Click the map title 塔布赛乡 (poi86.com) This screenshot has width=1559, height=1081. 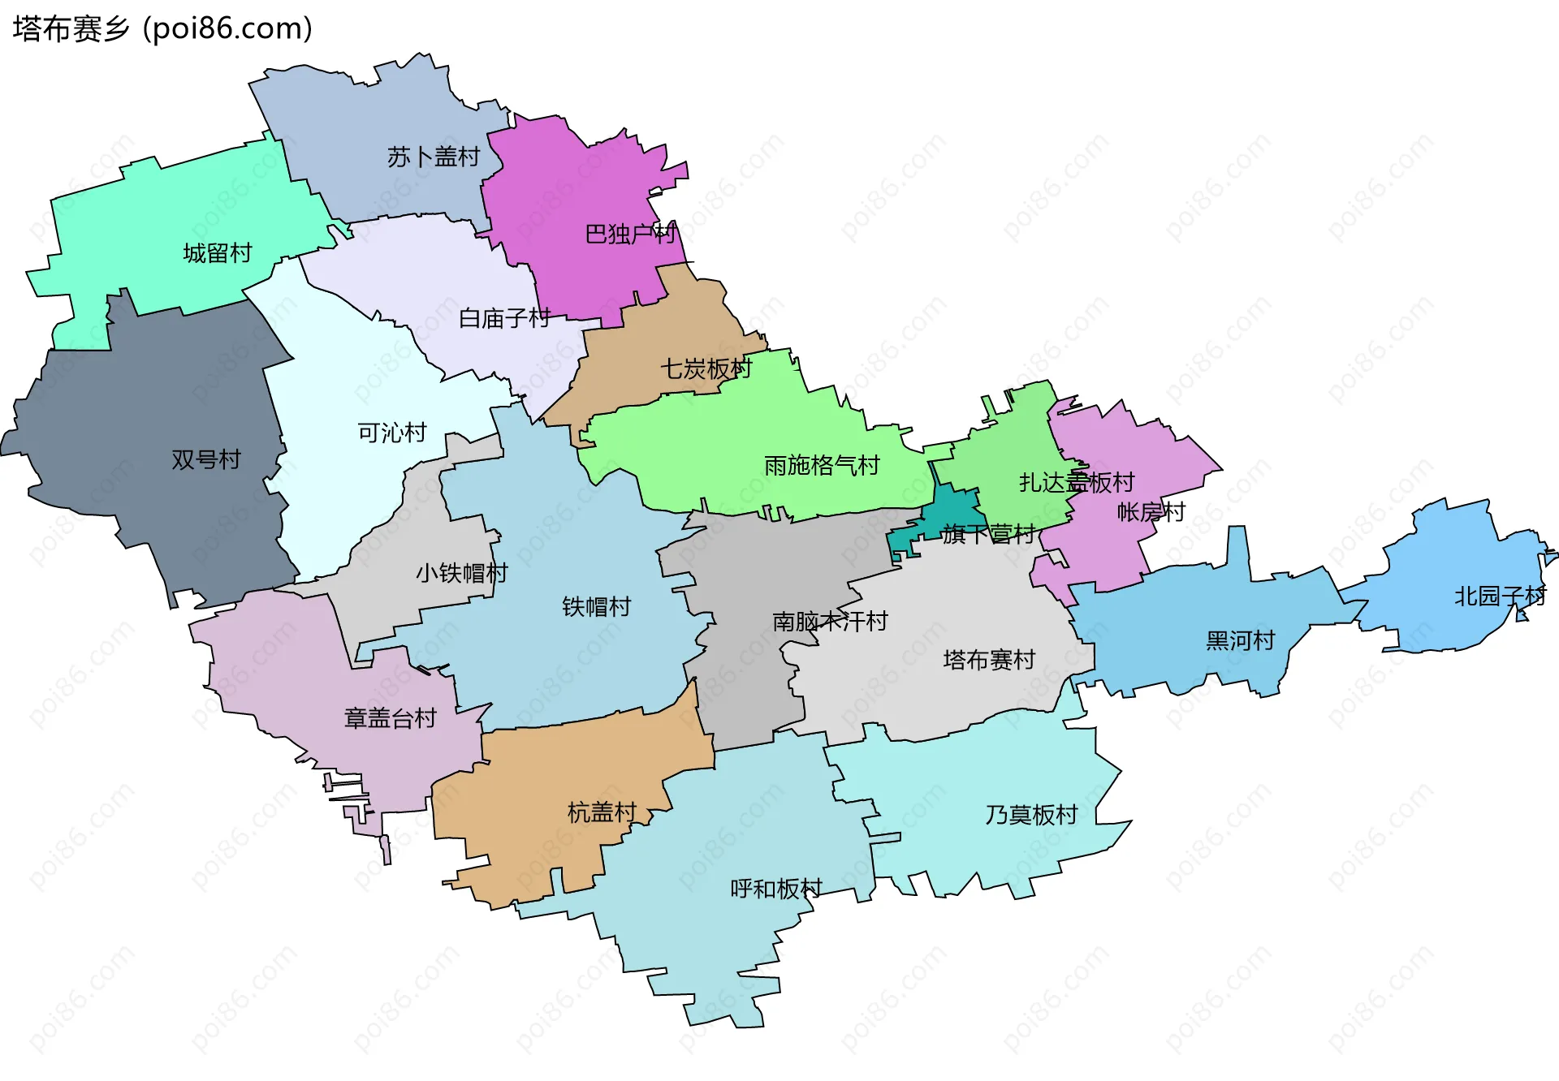pos(162,29)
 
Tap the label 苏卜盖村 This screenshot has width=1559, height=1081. pos(434,157)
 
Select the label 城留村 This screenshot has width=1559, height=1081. pos(218,253)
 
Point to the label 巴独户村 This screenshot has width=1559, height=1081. pos(630,235)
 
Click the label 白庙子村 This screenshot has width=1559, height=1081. pos(505,318)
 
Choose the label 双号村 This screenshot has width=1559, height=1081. pos(206,460)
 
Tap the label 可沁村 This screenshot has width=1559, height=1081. pos(392,433)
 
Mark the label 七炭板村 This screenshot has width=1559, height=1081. pos(706,369)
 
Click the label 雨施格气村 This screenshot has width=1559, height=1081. pos(822,466)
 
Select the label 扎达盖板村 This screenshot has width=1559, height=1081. pos(1077,483)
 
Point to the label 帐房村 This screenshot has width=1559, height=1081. pos(1151,512)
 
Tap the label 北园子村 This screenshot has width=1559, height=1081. pos(1500,596)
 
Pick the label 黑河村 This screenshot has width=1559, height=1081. pos(1241,641)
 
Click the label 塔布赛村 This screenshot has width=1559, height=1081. pos(989,660)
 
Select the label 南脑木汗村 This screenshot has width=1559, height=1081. pos(830,622)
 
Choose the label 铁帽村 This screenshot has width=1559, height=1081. pos(597,607)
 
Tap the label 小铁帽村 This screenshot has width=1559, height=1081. pos(462,574)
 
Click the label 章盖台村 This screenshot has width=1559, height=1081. pos(391,718)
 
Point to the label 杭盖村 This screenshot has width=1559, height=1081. pos(602,812)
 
